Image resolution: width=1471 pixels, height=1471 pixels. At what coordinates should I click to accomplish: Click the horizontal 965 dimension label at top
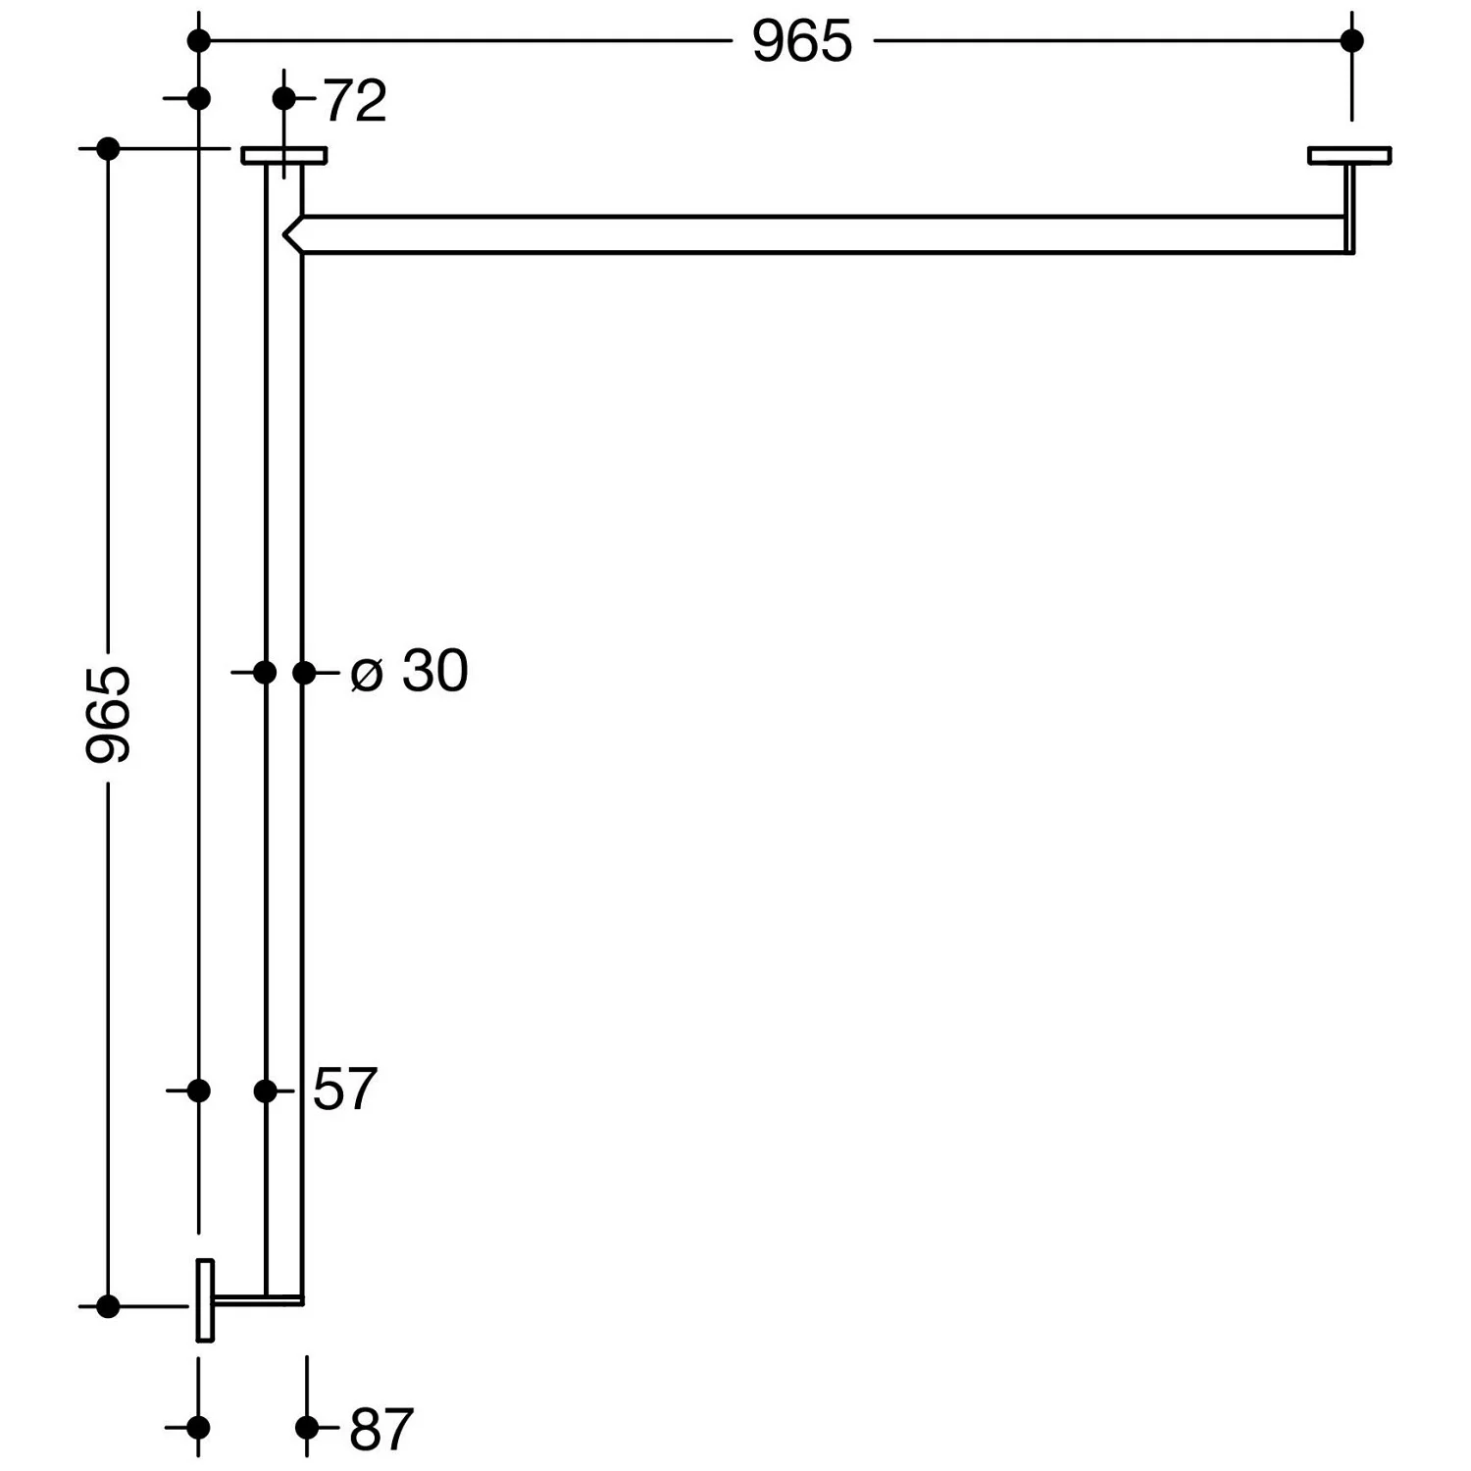pyautogui.click(x=802, y=42)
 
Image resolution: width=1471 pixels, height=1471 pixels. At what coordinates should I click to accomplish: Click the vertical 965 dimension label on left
pyautogui.click(x=108, y=714)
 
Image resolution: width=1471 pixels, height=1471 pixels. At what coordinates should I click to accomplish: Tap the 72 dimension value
pyautogui.click(x=355, y=101)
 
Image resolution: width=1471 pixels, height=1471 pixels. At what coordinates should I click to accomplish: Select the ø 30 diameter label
pyautogui.click(x=409, y=672)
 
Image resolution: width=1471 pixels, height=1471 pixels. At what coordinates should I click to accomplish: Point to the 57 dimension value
pyautogui.click(x=345, y=1090)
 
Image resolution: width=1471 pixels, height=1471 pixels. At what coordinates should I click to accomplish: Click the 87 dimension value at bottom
pyautogui.click(x=381, y=1429)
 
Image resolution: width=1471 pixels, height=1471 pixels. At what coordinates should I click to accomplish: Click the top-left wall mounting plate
pyautogui.click(x=284, y=155)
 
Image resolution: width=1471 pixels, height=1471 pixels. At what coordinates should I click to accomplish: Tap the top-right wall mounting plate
pyautogui.click(x=1349, y=155)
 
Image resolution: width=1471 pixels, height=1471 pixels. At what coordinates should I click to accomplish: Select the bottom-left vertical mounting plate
pyautogui.click(x=205, y=1299)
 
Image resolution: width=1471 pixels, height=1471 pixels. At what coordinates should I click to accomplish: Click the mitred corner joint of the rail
pyautogui.click(x=292, y=234)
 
